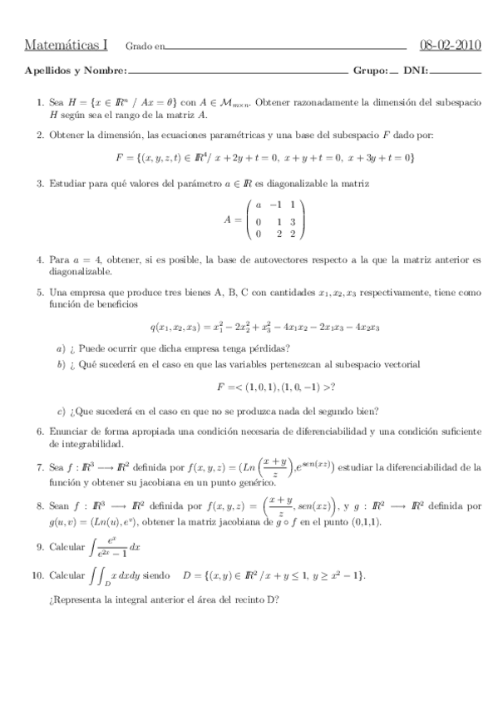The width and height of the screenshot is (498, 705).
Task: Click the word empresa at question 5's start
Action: click(86, 293)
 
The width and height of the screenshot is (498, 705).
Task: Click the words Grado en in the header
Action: click(145, 46)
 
